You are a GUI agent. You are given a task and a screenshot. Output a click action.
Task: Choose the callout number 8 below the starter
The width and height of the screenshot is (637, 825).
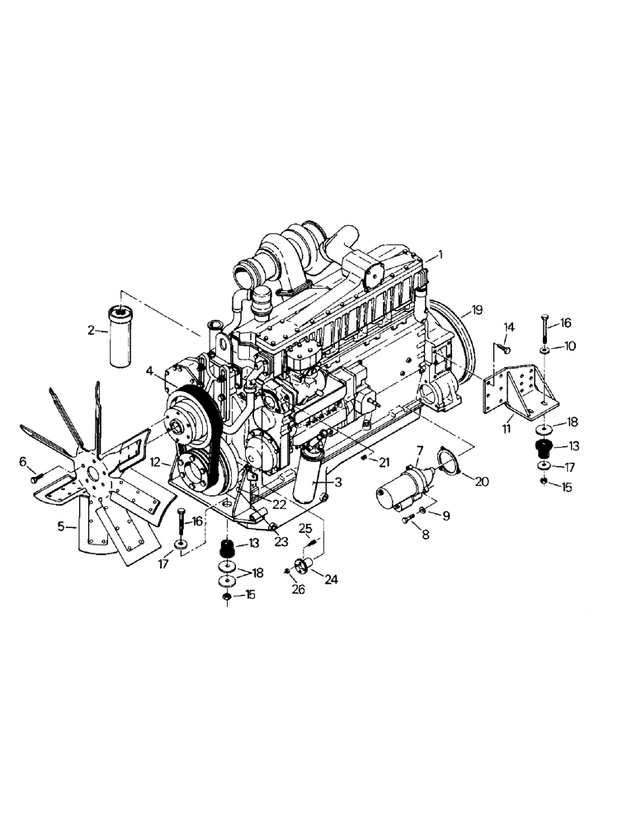coord(425,534)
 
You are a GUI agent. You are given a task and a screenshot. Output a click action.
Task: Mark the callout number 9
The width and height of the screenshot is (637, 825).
coord(446,516)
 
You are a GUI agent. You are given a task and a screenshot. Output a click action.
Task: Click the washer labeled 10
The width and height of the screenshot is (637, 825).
coord(547,344)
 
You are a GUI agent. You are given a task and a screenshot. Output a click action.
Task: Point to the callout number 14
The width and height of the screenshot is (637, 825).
coord(509,328)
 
